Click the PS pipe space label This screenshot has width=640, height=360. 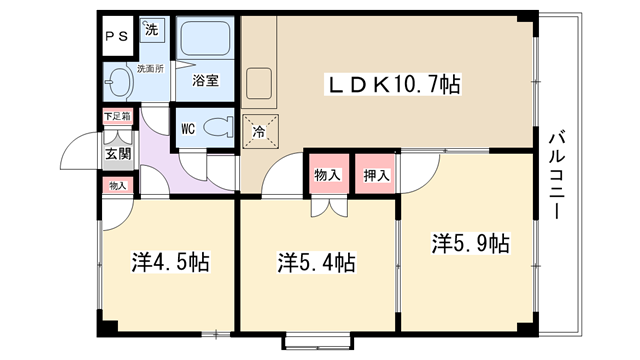[117, 37]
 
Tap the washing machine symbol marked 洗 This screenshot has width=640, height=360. [152, 29]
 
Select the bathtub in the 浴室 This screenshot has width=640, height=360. [205, 38]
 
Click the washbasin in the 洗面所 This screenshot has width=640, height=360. [118, 81]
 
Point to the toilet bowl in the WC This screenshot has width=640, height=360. [217, 127]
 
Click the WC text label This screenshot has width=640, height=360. [188, 129]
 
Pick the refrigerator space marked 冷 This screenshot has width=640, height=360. [260, 131]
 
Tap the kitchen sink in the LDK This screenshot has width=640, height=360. [259, 83]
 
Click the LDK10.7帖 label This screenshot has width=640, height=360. [393, 84]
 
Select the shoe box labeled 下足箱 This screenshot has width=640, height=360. [118, 116]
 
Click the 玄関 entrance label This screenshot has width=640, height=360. [118, 154]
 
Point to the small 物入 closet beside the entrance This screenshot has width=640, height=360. [118, 186]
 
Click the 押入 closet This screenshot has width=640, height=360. [375, 173]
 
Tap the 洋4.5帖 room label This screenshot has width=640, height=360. [170, 262]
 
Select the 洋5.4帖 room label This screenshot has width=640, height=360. [316, 262]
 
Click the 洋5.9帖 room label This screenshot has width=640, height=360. [471, 243]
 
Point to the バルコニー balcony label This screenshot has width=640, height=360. [557, 174]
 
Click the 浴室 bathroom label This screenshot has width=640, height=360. [205, 80]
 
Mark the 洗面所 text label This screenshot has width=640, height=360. [150, 69]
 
